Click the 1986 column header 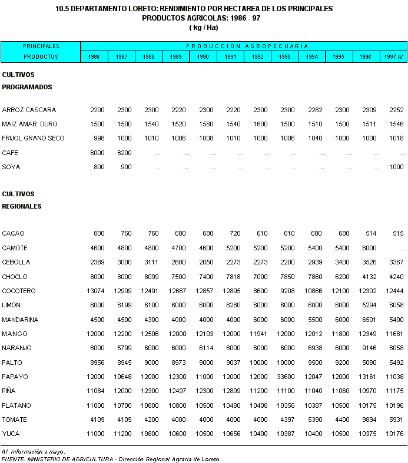click(94, 57)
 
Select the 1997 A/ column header click(393, 57)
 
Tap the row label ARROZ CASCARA click(29, 110)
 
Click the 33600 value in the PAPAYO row click(286, 377)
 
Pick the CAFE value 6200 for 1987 click(124, 153)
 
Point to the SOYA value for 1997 click(396, 167)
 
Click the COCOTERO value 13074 click(95, 291)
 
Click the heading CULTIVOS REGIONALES click(22, 200)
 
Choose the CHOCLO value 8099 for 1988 click(151, 277)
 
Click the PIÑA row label click(9, 391)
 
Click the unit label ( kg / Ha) click(203, 28)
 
